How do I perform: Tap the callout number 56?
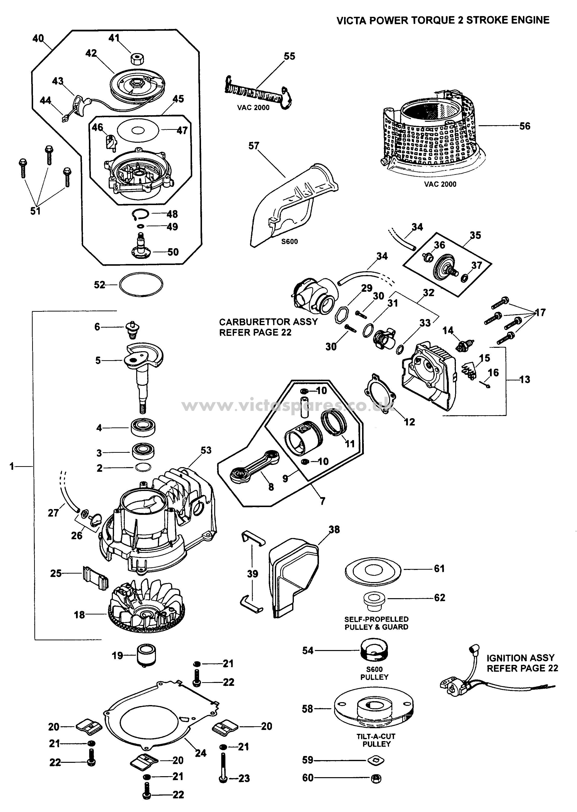click(x=525, y=126)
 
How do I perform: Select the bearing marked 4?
click(x=143, y=427)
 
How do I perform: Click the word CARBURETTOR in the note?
click(x=254, y=322)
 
